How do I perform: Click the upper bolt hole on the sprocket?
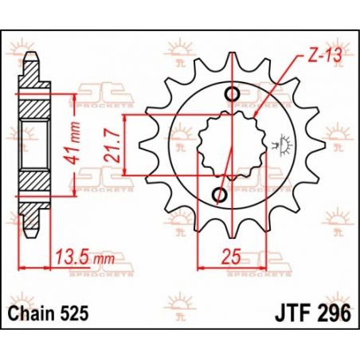(x=231, y=96)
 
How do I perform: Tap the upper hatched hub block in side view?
(x=33, y=107)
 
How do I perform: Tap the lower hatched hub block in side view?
(x=33, y=183)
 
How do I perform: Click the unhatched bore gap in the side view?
(x=33, y=145)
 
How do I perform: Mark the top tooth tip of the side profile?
(x=30, y=57)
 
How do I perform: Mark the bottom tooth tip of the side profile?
(x=30, y=233)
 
